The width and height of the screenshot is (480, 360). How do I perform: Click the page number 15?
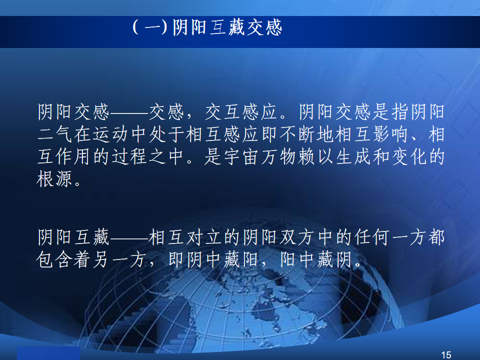click(x=446, y=355)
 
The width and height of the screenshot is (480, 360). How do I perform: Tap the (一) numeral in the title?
click(x=150, y=27)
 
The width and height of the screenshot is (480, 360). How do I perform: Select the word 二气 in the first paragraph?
click(x=55, y=134)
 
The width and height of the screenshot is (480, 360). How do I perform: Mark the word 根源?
click(x=55, y=179)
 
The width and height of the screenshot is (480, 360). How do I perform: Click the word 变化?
click(x=409, y=156)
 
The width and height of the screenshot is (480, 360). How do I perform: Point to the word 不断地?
click(x=307, y=134)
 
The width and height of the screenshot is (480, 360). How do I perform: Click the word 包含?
click(x=55, y=260)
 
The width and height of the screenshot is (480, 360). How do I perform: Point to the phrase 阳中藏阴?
click(x=316, y=260)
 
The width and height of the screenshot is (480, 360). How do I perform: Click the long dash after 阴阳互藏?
click(x=129, y=237)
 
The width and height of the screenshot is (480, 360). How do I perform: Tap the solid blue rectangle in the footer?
click(x=48, y=353)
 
